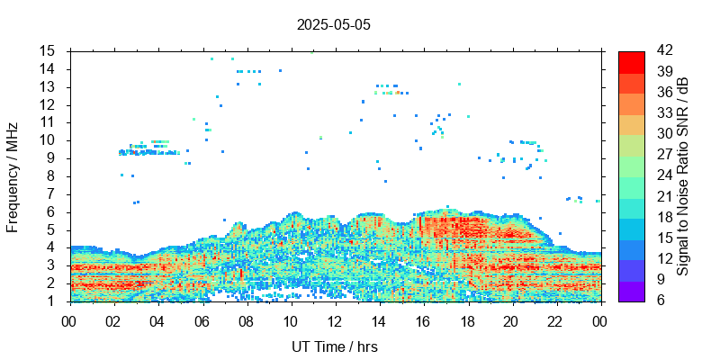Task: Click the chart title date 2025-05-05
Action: (333, 25)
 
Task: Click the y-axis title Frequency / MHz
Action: (13, 175)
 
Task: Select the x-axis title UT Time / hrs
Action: (333, 347)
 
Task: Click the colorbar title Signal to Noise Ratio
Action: (683, 175)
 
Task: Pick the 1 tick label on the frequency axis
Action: (52, 301)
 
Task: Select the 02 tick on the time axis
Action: (113, 319)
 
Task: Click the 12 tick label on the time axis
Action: (334, 319)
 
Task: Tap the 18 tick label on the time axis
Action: (466, 319)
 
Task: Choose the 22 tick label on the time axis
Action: (554, 319)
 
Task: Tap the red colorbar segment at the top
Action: (631, 61)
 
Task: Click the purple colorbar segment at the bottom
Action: (631, 291)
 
